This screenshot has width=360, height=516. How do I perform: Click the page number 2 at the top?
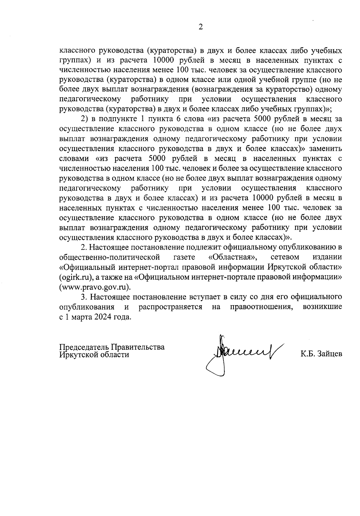point(200,27)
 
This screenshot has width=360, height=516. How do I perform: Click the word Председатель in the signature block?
point(84,347)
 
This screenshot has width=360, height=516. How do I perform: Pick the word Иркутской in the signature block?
point(78,354)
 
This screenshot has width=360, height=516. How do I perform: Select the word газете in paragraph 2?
point(184,257)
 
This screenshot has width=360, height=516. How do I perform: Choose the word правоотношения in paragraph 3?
point(262,307)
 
